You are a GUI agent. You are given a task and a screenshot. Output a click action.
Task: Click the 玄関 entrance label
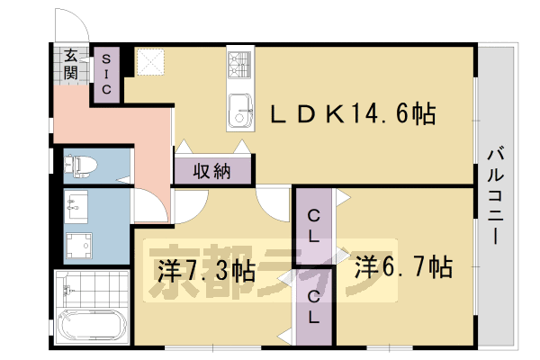70,64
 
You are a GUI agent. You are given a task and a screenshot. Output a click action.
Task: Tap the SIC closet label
105,74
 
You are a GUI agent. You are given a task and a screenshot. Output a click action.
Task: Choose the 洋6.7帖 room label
403,267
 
